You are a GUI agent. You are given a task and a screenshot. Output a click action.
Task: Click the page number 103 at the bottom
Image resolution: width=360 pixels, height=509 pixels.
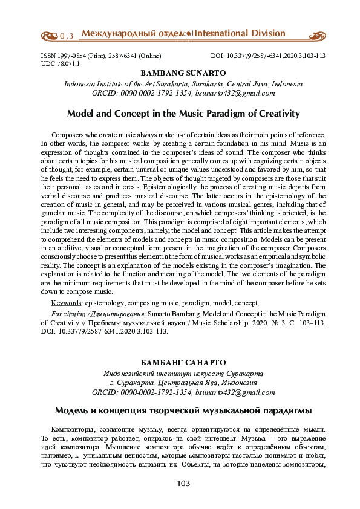[x=183, y=484]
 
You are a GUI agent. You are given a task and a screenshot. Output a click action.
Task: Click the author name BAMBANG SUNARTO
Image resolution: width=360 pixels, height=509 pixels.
[x=183, y=73]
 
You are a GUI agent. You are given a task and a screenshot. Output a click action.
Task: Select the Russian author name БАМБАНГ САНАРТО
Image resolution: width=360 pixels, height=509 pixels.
[x=183, y=362]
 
